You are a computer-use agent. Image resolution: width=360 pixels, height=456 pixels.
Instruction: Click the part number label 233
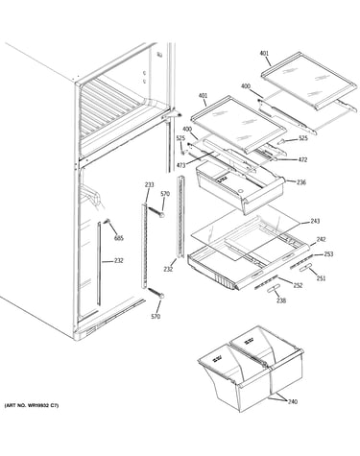(x=149, y=184)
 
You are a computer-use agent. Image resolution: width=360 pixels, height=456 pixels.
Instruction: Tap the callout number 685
(x=119, y=238)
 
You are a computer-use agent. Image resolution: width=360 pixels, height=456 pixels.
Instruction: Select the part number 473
(x=180, y=165)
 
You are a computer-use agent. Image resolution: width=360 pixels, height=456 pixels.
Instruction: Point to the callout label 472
(x=302, y=159)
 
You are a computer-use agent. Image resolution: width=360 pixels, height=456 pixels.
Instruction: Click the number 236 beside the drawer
(x=301, y=182)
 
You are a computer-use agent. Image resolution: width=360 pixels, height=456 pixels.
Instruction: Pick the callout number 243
(x=315, y=221)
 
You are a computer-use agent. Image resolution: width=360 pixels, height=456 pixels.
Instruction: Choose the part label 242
(x=321, y=239)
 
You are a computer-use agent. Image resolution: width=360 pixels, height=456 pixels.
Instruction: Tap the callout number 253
(x=328, y=254)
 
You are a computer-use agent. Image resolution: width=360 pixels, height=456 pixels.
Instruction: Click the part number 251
(x=321, y=278)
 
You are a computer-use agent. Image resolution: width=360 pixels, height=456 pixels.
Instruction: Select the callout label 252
(x=298, y=285)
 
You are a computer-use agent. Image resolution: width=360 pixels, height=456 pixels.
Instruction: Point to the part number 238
(x=281, y=300)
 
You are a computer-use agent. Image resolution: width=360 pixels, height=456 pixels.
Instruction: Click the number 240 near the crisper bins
(x=293, y=401)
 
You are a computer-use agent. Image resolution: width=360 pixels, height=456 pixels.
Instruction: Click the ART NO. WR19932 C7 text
(x=32, y=405)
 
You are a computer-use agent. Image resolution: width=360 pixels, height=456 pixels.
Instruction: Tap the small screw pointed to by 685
(x=107, y=221)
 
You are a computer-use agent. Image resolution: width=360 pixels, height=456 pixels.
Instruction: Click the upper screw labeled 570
(x=156, y=212)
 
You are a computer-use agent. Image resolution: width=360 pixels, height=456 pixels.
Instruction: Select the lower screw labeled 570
(x=156, y=294)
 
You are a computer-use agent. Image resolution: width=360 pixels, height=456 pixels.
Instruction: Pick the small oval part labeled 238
(x=272, y=290)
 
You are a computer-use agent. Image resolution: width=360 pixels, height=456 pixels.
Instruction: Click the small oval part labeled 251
(x=305, y=268)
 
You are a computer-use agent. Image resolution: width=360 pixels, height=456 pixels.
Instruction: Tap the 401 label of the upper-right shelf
(x=264, y=54)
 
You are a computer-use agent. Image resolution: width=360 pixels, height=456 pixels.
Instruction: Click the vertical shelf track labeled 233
(x=144, y=247)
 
